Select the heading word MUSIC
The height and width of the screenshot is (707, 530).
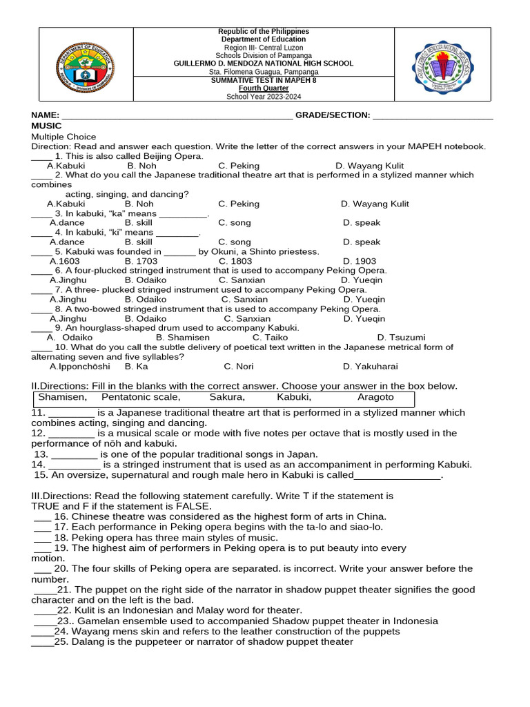46,126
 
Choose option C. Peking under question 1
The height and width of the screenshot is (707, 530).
239,166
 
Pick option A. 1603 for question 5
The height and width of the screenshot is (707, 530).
64,262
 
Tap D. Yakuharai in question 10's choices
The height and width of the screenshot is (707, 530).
370,367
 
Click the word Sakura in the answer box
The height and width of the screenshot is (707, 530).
227,397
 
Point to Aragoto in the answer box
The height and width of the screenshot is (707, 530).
375,397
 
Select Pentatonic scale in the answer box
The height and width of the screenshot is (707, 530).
141,397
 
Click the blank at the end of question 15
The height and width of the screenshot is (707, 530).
397,476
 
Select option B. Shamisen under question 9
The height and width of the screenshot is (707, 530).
183,338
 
